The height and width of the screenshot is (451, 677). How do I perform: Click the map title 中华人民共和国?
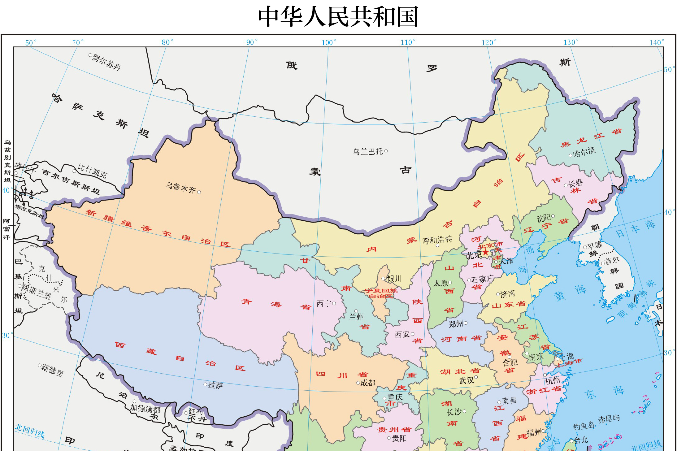coord(338,17)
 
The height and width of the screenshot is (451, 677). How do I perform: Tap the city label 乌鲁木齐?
coord(181,188)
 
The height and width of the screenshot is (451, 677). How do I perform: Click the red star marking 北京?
coord(485,252)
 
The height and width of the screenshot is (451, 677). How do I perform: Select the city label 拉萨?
coord(215,385)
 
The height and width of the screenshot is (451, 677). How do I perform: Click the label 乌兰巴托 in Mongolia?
coord(368,152)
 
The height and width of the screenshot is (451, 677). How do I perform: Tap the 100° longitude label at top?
coord(328,43)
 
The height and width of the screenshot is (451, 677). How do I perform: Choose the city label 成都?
coord(368,383)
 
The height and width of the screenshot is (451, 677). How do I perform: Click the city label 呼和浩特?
coord(437,240)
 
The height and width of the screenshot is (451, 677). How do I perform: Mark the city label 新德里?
coord(52,370)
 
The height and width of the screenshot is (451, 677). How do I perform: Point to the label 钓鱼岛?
coord(584,426)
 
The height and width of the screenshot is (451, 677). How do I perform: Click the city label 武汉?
coord(467,380)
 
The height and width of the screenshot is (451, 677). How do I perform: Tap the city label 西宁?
coord(324,303)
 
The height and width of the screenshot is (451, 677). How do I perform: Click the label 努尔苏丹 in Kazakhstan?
coord(106,62)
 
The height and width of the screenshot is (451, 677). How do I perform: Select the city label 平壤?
coord(595,246)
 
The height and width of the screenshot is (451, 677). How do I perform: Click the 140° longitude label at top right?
coord(656,43)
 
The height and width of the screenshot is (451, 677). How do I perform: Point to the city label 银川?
coord(394,279)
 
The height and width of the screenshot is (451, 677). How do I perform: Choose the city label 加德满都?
coord(145,409)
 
